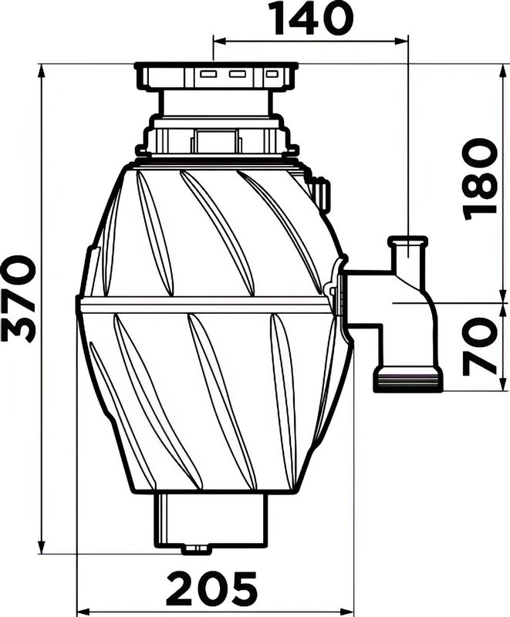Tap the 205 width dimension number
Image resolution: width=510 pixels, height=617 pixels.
(212, 591)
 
